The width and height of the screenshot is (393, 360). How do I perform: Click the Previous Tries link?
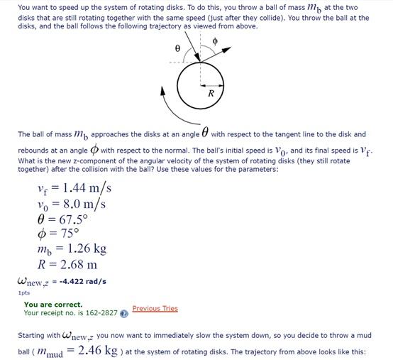click(155, 308)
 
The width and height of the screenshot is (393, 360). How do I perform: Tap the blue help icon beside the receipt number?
click(124, 312)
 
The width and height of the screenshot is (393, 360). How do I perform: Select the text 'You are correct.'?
click(53, 305)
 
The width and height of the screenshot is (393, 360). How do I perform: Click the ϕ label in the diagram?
click(215, 42)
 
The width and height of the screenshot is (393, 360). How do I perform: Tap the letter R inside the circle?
click(211, 93)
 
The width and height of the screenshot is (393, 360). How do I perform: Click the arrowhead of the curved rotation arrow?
click(162, 91)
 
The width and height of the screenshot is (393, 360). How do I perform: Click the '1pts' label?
click(24, 292)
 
